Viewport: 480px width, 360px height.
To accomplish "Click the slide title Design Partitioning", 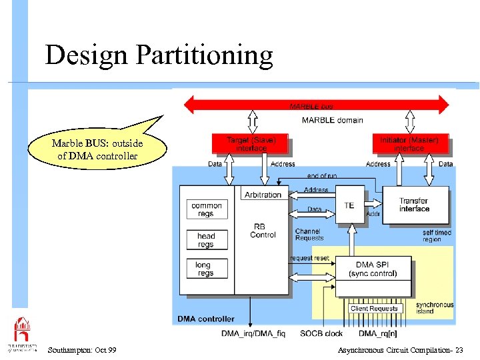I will pyautogui.click(x=159, y=55).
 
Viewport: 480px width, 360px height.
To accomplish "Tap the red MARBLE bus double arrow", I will pyautogui.click(x=317, y=105).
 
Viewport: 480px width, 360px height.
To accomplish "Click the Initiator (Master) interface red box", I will pyautogui.click(x=409, y=144).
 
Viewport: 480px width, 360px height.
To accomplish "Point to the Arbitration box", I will pyautogui.click(x=263, y=195).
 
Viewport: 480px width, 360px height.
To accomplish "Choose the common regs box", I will pyautogui.click(x=206, y=209).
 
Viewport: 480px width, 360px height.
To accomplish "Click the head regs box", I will pyautogui.click(x=206, y=239).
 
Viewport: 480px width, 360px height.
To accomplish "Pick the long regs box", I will pyautogui.click(x=206, y=269).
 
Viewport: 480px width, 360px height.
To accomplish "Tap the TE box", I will pyautogui.click(x=349, y=205).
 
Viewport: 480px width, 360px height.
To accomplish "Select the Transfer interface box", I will pyautogui.click(x=414, y=205).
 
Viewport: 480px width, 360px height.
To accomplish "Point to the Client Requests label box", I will pyautogui.click(x=374, y=309).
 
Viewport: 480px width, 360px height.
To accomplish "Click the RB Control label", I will pyautogui.click(x=263, y=231).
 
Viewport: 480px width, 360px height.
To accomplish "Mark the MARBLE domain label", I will pyautogui.click(x=332, y=120).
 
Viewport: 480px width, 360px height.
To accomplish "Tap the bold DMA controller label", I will pyautogui.click(x=205, y=319).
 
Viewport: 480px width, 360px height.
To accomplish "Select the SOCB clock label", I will pyautogui.click(x=321, y=333).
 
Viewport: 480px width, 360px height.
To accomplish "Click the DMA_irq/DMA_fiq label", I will pyautogui.click(x=253, y=333).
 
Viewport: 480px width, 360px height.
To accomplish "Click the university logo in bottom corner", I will pyautogui.click(x=22, y=333).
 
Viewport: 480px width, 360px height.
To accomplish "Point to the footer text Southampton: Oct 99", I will pyautogui.click(x=82, y=350).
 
